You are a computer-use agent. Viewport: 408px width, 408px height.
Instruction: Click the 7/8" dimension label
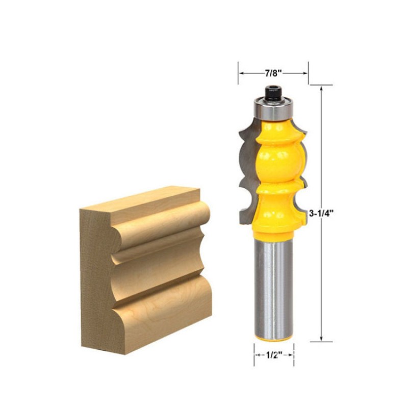coord(273,73)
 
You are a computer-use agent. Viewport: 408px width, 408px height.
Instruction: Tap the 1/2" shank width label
coord(274,355)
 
